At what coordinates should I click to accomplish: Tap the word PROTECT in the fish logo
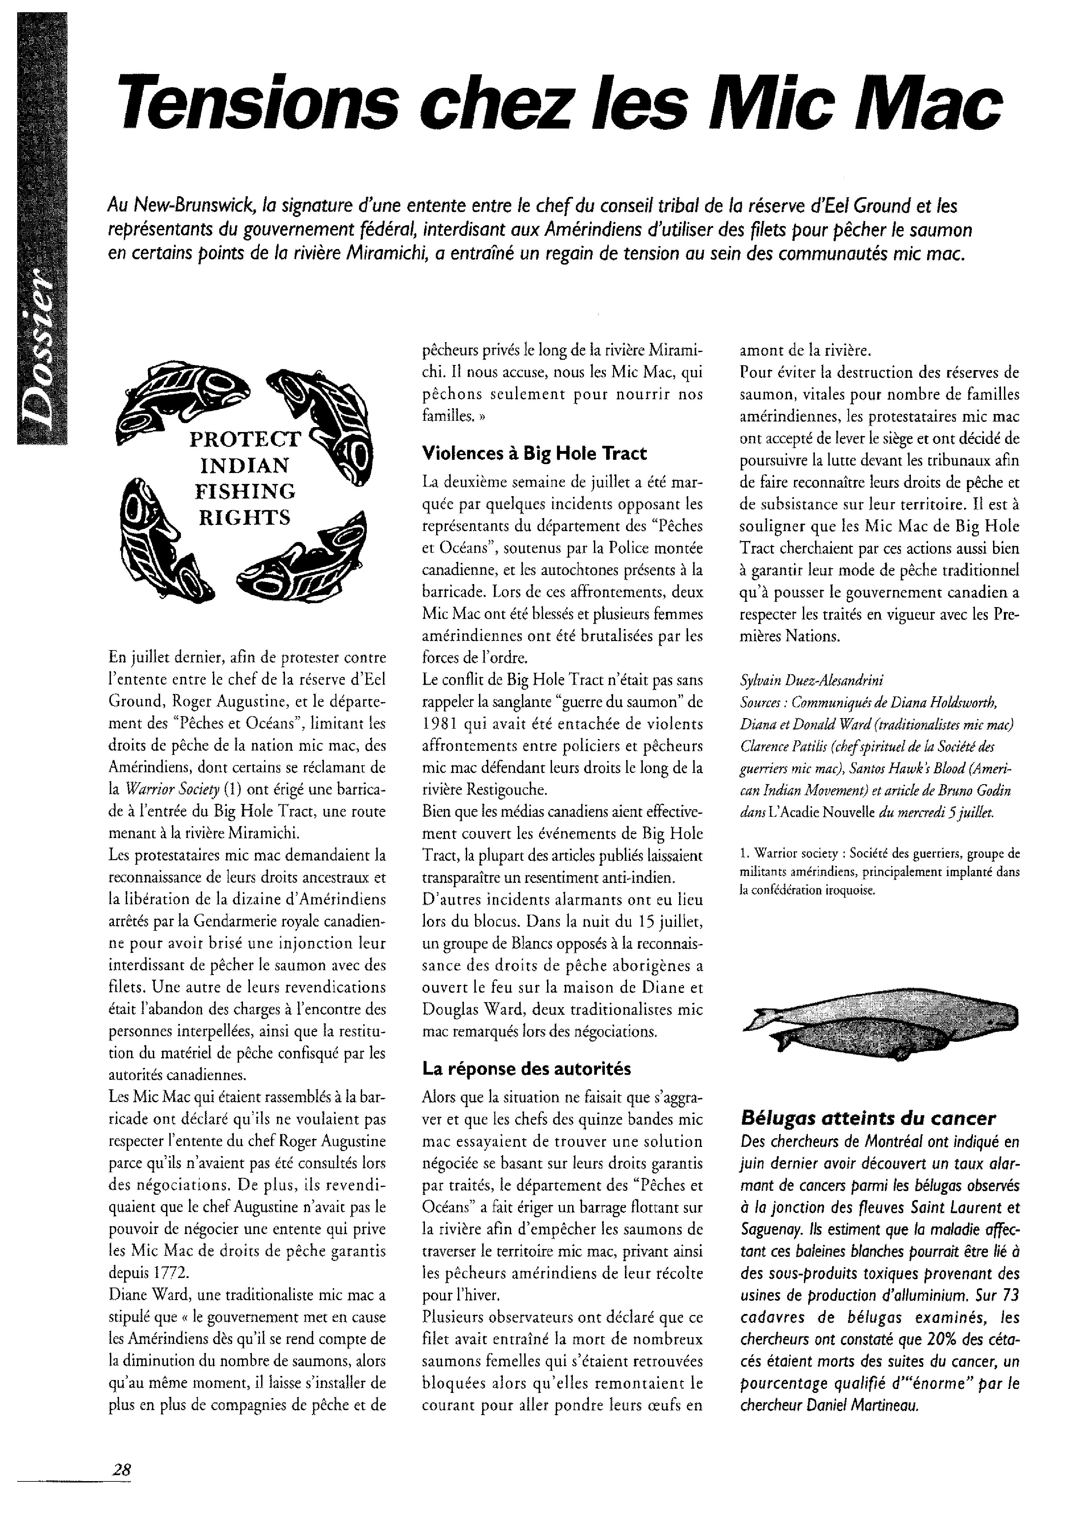(x=245, y=440)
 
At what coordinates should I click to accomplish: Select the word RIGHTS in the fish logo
(x=245, y=518)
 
